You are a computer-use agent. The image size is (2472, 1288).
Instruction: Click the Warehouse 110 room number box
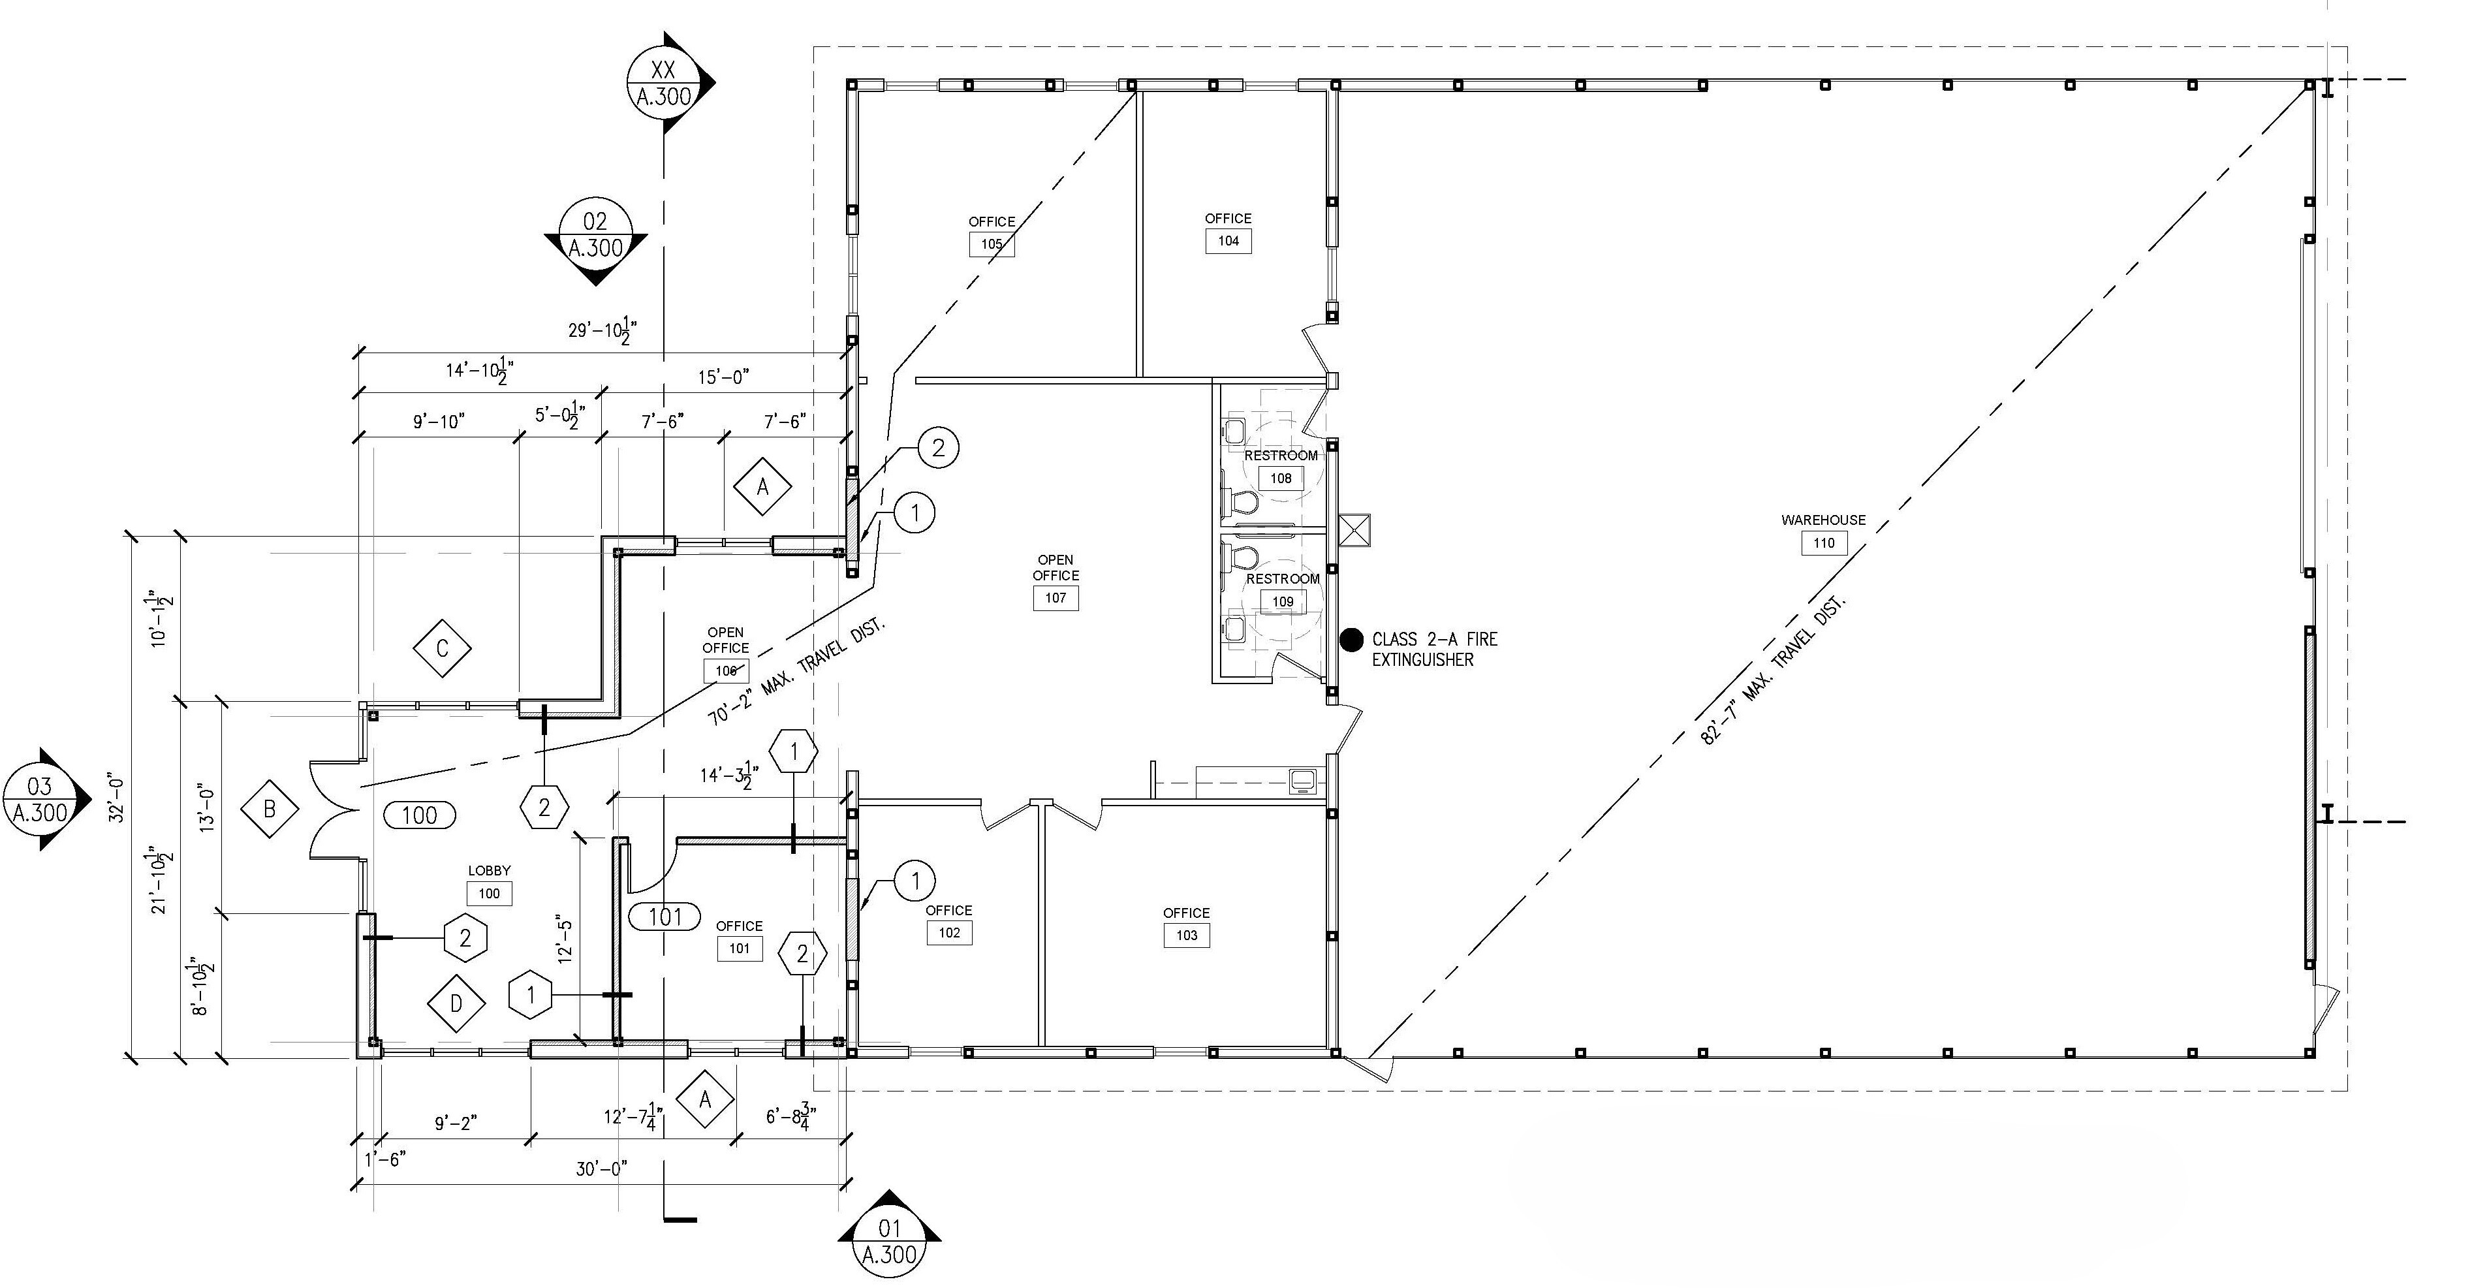point(1823,543)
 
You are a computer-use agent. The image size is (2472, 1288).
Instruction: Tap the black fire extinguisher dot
point(1351,639)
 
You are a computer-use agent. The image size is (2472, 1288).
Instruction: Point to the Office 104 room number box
point(1228,241)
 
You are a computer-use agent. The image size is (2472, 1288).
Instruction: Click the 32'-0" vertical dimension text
point(117,798)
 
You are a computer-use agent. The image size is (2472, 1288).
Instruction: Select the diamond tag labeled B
point(270,808)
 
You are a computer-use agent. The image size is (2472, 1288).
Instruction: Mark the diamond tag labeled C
point(443,649)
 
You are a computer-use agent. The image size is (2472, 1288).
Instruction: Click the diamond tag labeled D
point(456,1004)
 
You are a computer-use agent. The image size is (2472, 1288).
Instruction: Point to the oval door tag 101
point(664,917)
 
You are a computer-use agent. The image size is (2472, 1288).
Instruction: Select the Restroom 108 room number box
point(1281,478)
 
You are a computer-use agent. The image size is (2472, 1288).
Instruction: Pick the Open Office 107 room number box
point(1056,598)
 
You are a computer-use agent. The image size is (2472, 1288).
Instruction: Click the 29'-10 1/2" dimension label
point(602,331)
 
